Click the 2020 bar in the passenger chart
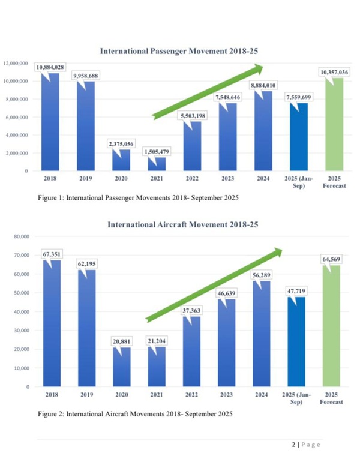121,160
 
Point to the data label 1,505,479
158,151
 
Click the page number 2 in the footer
294,445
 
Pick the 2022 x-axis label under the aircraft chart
193,395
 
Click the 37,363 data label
193,311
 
